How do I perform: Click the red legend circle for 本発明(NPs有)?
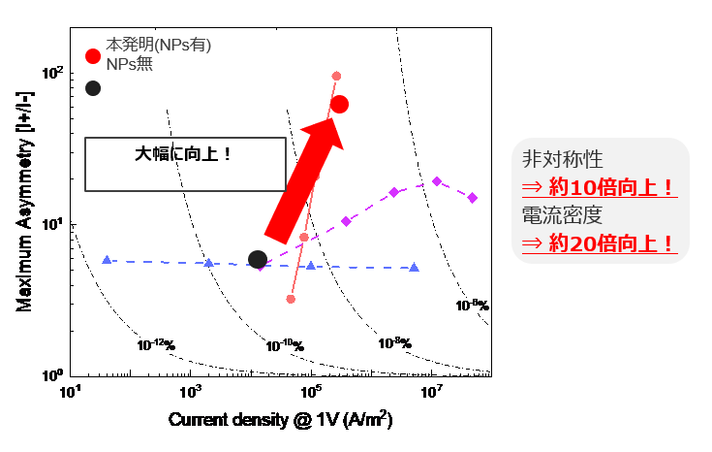pos(93,56)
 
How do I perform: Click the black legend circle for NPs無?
pos(93,88)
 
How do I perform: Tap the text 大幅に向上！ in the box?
pos(183,153)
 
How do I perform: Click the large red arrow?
pos(302,180)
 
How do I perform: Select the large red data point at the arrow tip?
pos(339,105)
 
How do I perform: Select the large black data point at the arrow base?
pos(258,259)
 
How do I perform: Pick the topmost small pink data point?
pos(336,76)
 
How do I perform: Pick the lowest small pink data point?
pos(291,299)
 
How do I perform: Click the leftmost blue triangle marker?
pos(107,260)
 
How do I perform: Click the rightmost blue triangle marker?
pos(415,267)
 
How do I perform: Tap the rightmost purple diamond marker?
pos(473,198)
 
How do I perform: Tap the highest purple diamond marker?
pos(437,181)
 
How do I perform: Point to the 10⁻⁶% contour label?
pos(471,305)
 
